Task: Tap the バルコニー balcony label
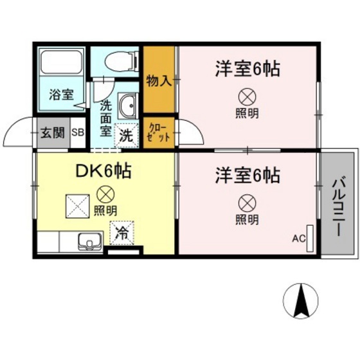(x=338, y=204)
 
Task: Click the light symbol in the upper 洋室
(x=247, y=98)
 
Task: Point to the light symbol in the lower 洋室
(x=247, y=203)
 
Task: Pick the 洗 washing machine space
(x=127, y=136)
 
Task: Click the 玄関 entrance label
(x=53, y=133)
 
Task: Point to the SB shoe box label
(x=77, y=133)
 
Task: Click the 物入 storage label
(x=158, y=81)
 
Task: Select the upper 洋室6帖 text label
(x=247, y=69)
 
